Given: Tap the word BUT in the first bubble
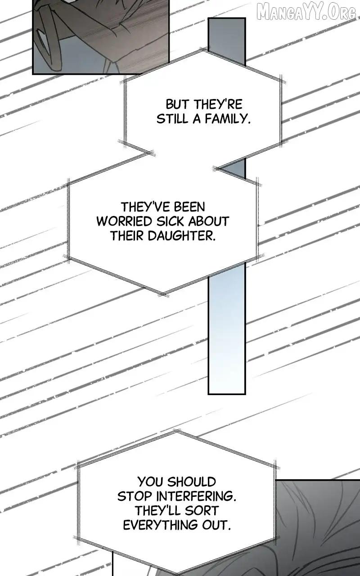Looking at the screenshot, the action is (177, 105).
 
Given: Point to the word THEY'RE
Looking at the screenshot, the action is (219, 105).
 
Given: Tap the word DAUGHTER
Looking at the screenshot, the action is (182, 236).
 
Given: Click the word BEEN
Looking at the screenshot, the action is (190, 207).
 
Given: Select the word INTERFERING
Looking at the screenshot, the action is (196, 496).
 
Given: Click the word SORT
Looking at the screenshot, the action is (203, 511).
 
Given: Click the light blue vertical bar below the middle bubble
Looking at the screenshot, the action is (226, 332).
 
